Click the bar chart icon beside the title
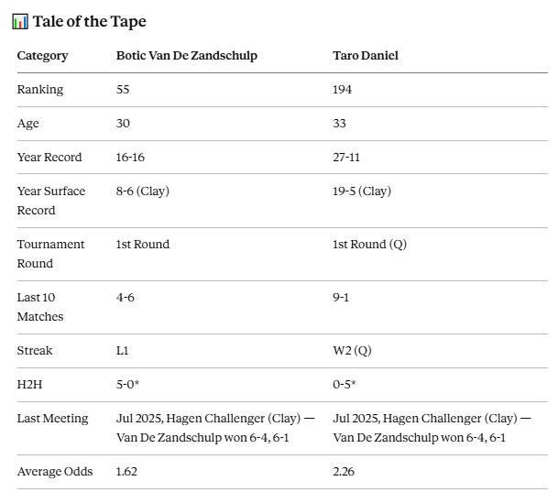pos(20,21)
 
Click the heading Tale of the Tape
pos(89,22)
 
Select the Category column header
pos(42,56)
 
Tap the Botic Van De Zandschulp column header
pos(187,56)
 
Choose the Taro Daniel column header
pos(366,56)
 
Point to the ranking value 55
pos(123,89)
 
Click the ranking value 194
pos(342,89)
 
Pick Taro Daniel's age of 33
pos(339,123)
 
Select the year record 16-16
pos(130,158)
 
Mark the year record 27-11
pos(346,158)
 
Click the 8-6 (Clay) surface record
pos(143,191)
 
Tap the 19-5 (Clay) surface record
pos(362,191)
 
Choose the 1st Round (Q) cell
pos(370,245)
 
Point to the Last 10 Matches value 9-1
pos(341,298)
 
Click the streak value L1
pos(122,351)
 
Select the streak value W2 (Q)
pos(353,351)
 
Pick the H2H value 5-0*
pos(127,385)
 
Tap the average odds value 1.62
pos(126,472)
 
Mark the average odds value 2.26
pos(344,472)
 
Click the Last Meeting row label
pos(52,419)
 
